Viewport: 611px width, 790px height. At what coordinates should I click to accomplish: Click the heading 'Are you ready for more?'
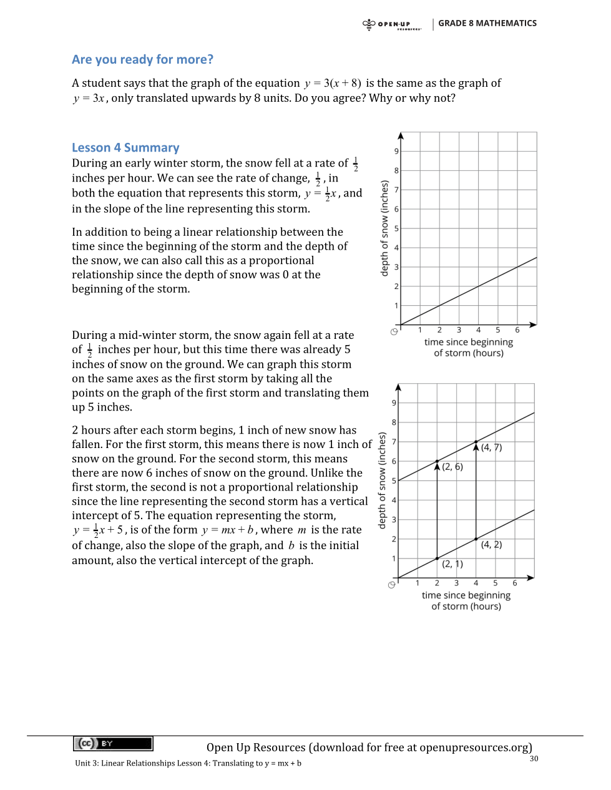pos(142,60)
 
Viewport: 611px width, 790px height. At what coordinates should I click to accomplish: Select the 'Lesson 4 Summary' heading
pos(125,148)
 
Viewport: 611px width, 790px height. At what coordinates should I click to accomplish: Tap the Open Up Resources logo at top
pos(392,24)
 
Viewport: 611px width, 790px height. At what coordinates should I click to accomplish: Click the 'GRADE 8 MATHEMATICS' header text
pos(487,23)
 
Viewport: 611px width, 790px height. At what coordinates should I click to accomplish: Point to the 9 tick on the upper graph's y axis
pos(396,152)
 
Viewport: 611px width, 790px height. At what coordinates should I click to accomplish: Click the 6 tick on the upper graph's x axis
pos(517,330)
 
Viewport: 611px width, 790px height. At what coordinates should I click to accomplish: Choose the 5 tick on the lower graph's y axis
pos(394,481)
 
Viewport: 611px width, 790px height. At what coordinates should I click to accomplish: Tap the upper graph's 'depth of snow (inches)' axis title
pos(384,228)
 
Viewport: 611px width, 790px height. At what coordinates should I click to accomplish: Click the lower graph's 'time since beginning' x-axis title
pos(466,595)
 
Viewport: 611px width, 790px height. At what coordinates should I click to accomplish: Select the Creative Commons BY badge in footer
pos(113,743)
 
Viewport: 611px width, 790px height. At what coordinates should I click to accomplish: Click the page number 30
pos(534,759)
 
